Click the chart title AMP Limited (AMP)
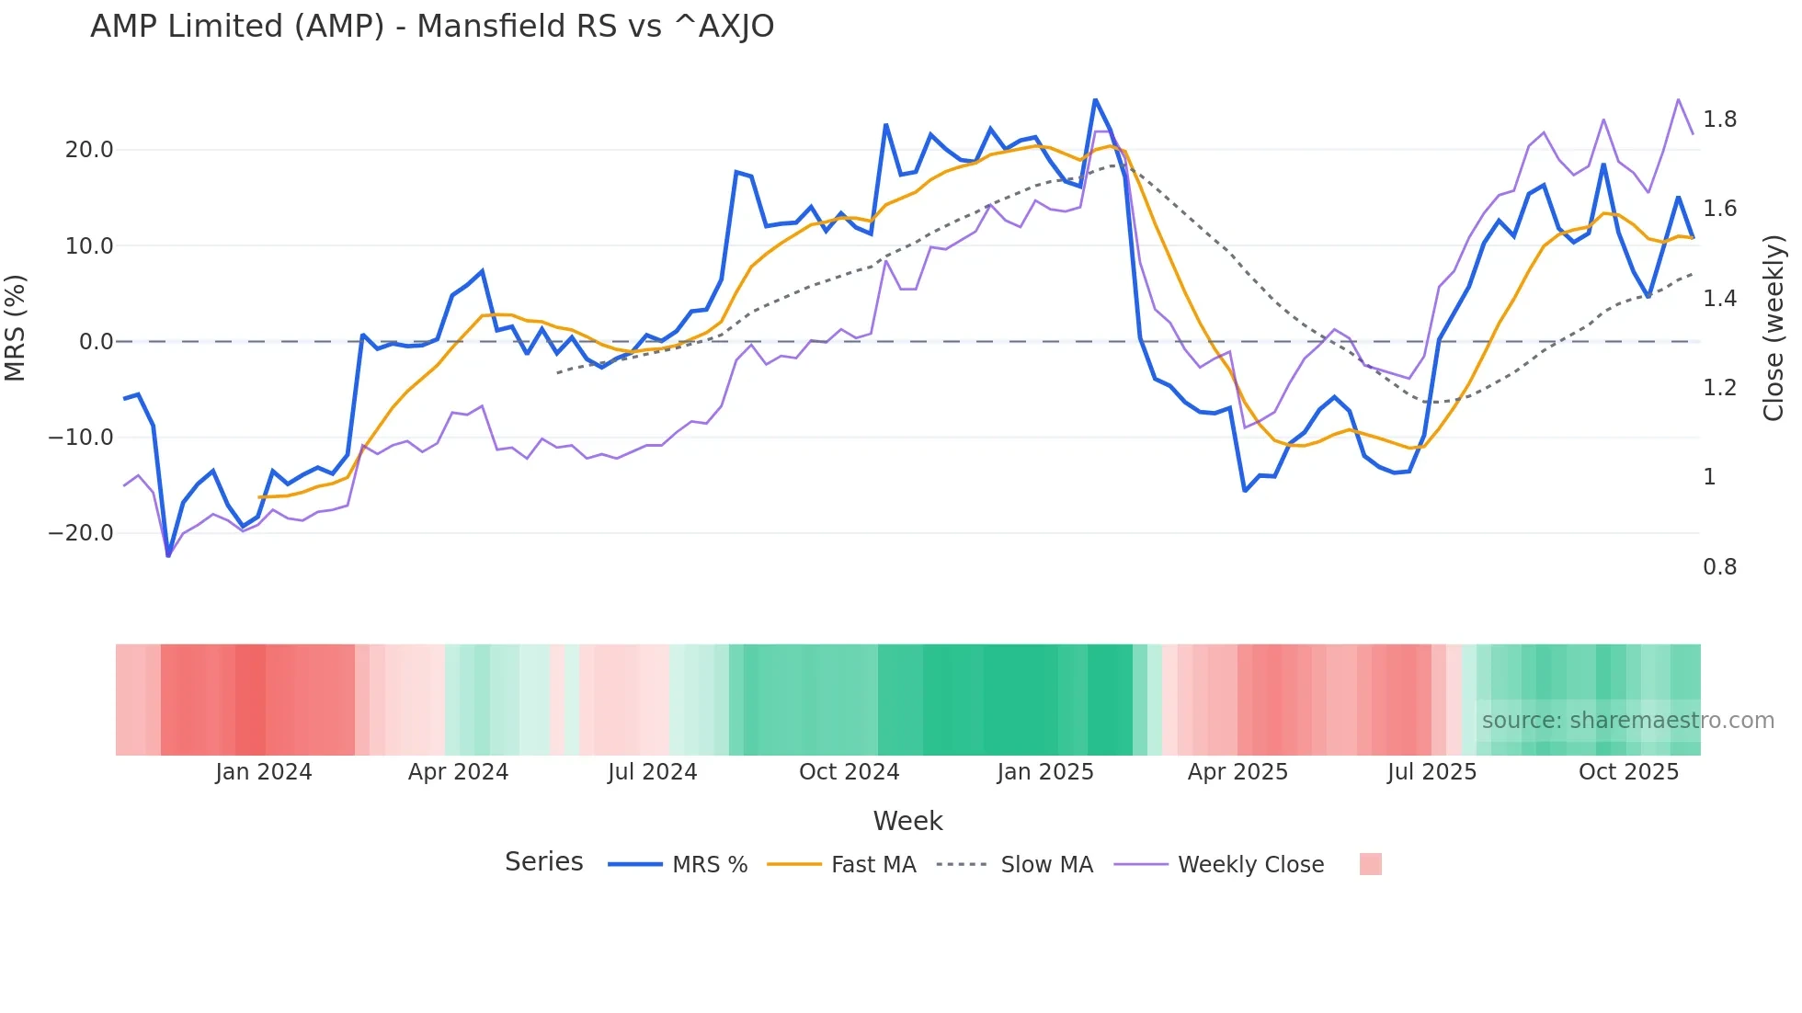pos(432,27)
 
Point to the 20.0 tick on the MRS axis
pos(89,150)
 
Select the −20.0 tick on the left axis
pos(81,533)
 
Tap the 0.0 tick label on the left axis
pos(96,342)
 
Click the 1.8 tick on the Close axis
pos(1719,120)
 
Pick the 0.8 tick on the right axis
pos(1719,567)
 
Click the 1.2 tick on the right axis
pos(1719,388)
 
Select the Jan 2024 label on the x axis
pos(264,772)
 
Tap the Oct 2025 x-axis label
pos(1628,772)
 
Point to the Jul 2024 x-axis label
pos(652,772)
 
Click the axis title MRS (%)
pos(16,328)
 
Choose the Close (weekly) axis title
pos(1773,328)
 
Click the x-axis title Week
pos(907,821)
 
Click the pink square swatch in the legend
pos(1370,864)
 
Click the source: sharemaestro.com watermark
pos(1627,721)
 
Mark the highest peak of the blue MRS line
pos(1095,99)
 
